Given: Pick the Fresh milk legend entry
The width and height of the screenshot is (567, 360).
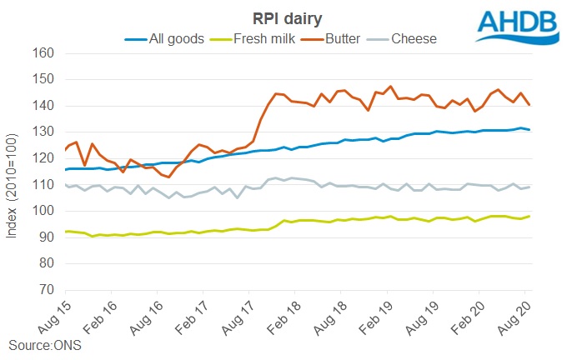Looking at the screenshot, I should (x=264, y=37).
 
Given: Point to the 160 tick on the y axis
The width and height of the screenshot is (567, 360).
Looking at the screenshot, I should (x=44, y=53).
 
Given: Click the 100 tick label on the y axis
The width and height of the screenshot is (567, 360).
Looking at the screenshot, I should (x=44, y=212).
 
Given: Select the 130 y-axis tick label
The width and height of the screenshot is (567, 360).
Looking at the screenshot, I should (x=44, y=132).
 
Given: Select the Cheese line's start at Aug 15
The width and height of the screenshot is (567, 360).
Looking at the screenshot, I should (x=65, y=184).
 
